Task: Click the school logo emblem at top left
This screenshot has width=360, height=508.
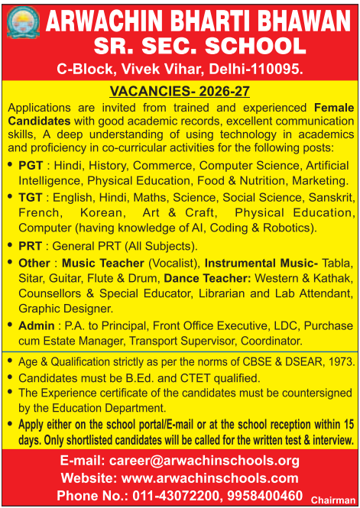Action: [23, 23]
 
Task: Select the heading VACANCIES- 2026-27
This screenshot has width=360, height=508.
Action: [179, 92]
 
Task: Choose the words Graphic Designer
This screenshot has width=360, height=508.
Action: [65, 309]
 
